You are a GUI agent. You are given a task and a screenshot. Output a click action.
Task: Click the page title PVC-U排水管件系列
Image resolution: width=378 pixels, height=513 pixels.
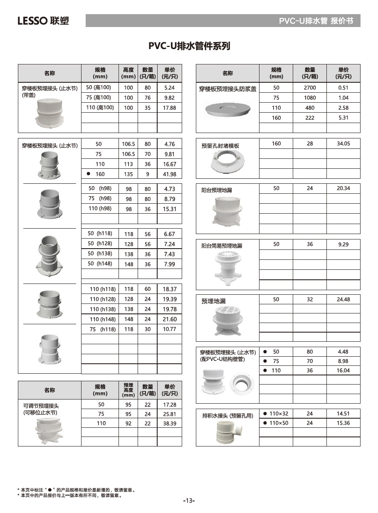(189, 46)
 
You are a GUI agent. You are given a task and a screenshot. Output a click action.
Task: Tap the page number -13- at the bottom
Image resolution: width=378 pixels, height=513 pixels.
(189, 501)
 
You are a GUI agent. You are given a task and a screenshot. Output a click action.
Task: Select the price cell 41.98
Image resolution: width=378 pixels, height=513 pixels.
(170, 174)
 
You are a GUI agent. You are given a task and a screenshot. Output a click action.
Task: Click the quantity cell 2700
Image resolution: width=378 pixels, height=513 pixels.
(310, 88)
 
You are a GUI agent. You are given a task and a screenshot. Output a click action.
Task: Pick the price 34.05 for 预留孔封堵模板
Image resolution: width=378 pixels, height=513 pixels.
(343, 144)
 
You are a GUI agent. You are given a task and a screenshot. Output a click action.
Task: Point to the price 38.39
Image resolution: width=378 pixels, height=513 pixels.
(170, 423)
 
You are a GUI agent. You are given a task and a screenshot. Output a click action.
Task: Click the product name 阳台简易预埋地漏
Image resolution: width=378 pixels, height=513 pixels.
(222, 246)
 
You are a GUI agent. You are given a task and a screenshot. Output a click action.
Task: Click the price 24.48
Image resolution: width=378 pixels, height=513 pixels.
(343, 299)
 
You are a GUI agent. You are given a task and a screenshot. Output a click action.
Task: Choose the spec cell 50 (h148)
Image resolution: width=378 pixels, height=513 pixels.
(100, 264)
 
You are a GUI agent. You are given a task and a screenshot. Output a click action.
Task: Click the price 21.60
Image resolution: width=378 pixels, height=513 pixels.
(170, 319)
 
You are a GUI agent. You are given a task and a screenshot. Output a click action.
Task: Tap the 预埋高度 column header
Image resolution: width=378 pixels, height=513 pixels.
(128, 390)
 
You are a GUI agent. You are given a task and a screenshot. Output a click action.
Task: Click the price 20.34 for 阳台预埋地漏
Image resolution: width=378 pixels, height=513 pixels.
(343, 188)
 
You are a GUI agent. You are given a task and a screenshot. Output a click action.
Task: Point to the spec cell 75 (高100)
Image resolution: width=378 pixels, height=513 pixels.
(99, 98)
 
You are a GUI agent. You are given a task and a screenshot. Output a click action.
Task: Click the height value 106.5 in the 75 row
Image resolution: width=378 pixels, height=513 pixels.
(128, 154)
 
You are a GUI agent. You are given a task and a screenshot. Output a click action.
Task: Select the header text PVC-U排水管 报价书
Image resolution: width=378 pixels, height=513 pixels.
(316, 21)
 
